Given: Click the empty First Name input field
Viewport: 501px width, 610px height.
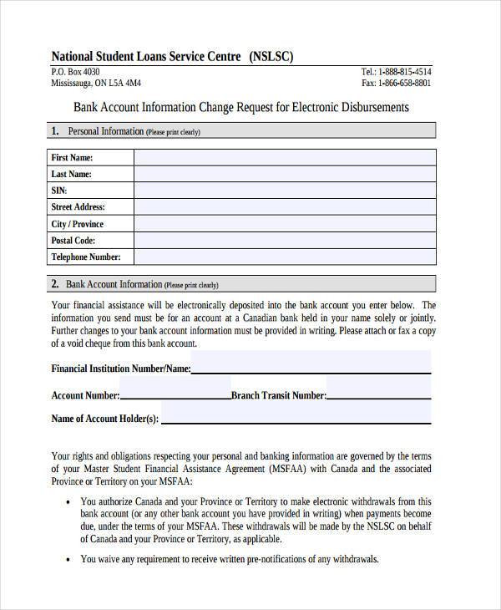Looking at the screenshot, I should (x=285, y=157).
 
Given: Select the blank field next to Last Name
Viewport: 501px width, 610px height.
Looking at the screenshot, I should (x=285, y=174).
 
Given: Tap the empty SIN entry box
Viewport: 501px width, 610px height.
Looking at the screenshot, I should (x=285, y=191).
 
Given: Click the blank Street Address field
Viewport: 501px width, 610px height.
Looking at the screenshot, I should (x=285, y=207).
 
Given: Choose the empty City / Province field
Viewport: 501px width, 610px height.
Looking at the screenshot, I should (x=285, y=224).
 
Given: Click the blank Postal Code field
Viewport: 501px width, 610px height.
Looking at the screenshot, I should (x=285, y=241).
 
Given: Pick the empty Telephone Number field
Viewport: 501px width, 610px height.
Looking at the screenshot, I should (x=285, y=257).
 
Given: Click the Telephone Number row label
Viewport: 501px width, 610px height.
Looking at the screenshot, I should (x=86, y=257).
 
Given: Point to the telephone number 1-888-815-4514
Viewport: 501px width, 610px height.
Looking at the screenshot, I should (x=403, y=72).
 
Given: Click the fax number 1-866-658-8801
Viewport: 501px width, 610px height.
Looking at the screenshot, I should (x=404, y=84).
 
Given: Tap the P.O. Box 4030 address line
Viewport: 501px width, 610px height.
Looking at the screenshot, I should (x=81, y=72).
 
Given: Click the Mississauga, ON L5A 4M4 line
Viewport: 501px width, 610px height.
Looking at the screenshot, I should (x=96, y=84).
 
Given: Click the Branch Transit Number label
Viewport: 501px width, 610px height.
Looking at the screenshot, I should (x=278, y=395).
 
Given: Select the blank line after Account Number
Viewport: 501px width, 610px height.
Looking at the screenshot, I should (x=175, y=395).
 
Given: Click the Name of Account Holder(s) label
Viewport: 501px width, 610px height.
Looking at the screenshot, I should (x=104, y=419).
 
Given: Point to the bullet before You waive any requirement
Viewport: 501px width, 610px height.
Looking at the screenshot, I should (x=68, y=560).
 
